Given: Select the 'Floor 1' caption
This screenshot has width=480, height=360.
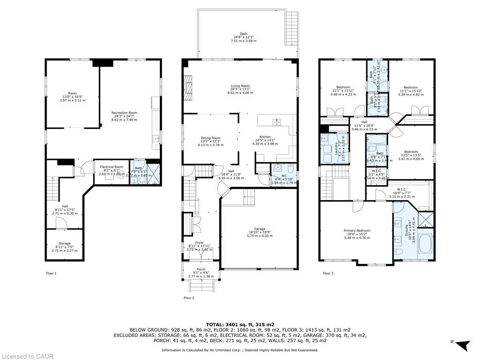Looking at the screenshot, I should (x=51, y=273).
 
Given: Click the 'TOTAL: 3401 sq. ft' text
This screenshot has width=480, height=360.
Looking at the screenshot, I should (x=240, y=324).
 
